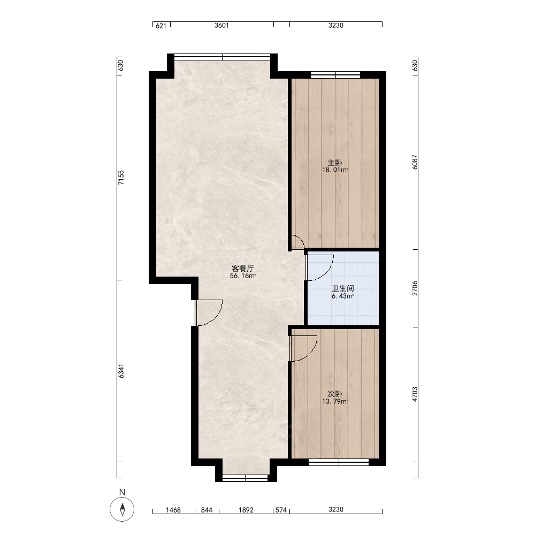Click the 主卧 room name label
tap(335, 163)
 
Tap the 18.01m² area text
tap(335, 170)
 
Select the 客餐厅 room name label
tap(242, 269)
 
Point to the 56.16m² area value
tap(242, 276)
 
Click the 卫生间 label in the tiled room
tap(342, 289)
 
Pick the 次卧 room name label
tap(335, 394)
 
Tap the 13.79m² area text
tap(335, 402)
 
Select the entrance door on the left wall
tap(209, 312)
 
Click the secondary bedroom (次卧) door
tap(303, 348)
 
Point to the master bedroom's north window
tap(335, 75)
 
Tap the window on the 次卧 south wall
tap(339, 462)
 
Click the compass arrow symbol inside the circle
tap(122, 509)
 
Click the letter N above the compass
tap(122, 492)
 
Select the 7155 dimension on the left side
tap(121, 178)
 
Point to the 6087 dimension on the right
tap(415, 162)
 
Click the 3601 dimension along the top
tap(221, 26)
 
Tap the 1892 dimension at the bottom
tap(246, 510)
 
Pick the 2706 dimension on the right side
tap(415, 288)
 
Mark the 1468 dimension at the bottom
tap(173, 510)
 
